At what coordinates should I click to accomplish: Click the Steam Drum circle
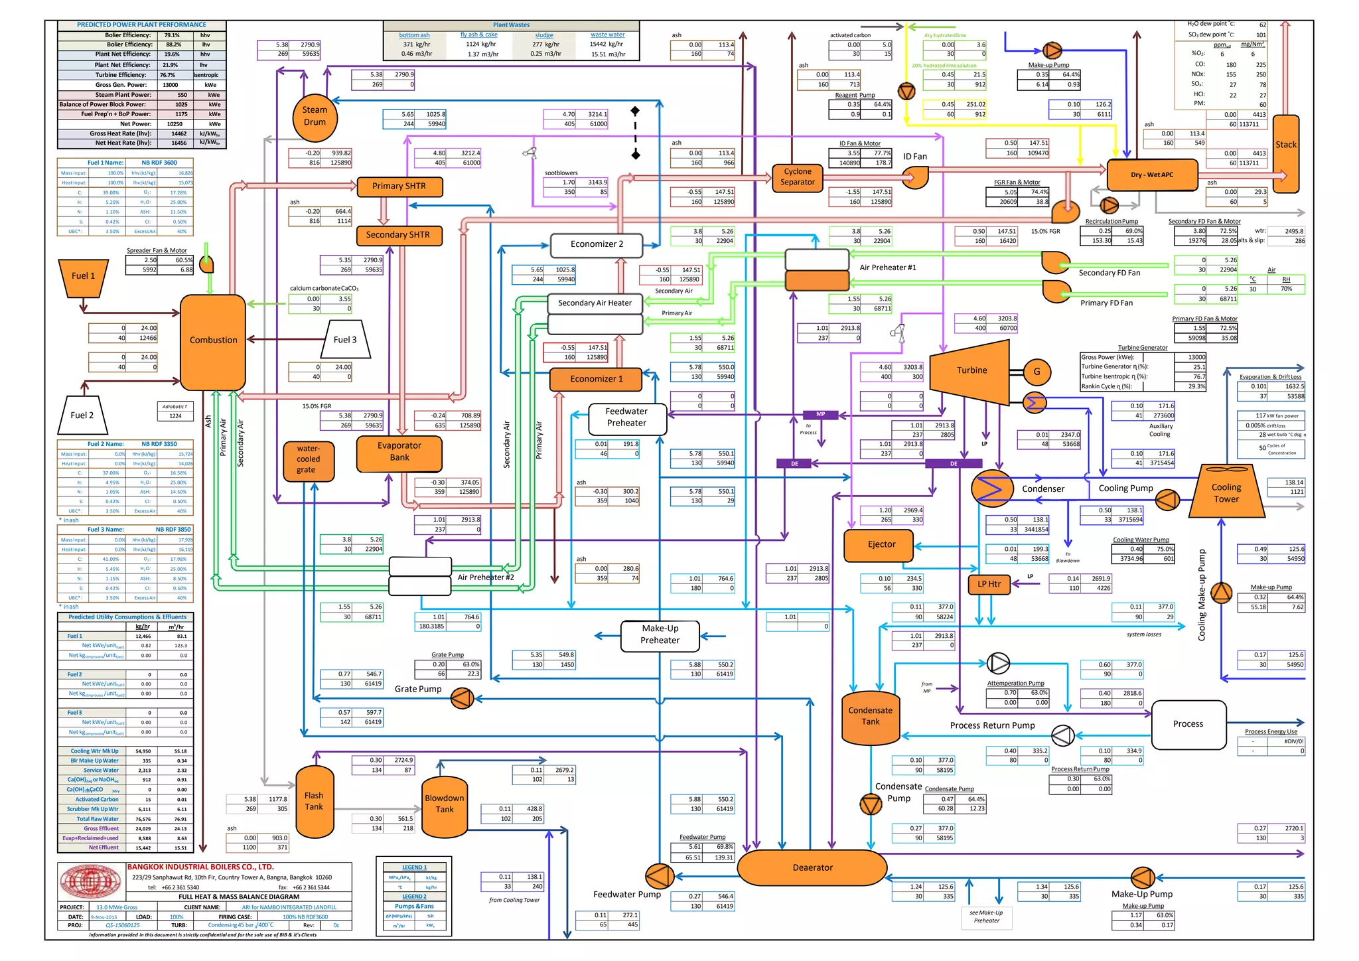(x=315, y=117)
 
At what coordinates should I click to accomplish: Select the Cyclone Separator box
(x=797, y=177)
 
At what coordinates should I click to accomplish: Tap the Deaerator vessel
(x=812, y=867)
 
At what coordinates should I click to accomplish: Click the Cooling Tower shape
(x=1226, y=492)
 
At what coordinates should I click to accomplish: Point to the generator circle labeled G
(x=1037, y=372)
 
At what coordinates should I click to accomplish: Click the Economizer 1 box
(x=596, y=379)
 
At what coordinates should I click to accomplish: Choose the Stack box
(x=1285, y=153)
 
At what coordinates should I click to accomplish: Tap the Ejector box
(x=881, y=544)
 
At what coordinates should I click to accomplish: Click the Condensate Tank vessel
(x=870, y=717)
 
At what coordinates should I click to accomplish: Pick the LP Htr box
(x=989, y=584)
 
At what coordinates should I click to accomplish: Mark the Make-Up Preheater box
(x=660, y=635)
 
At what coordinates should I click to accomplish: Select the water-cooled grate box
(x=308, y=460)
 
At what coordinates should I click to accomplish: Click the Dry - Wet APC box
(x=1152, y=175)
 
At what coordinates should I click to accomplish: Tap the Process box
(x=1188, y=724)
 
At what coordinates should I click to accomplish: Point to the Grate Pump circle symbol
(x=462, y=698)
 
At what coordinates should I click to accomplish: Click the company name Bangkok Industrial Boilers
(x=200, y=867)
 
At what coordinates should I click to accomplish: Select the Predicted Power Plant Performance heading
(x=141, y=25)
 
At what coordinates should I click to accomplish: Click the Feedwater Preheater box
(x=626, y=417)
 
